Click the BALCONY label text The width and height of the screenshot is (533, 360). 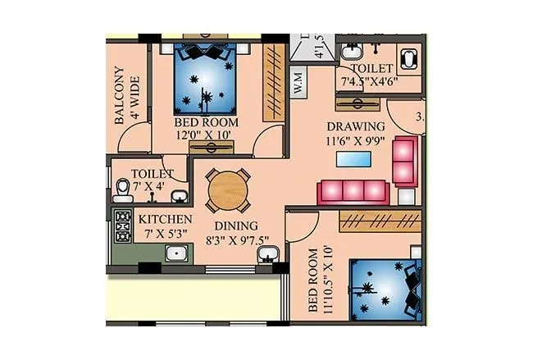click(119, 94)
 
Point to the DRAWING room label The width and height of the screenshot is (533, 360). click(356, 126)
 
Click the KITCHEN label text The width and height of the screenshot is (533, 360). click(165, 219)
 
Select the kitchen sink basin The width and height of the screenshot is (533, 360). click(177, 253)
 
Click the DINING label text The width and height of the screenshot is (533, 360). click(235, 226)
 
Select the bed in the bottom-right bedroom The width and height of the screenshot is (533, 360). click(385, 292)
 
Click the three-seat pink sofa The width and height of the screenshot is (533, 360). click(353, 191)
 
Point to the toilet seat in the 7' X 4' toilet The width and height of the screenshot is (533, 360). click(123, 191)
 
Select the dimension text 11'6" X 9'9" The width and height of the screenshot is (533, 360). click(356, 140)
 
